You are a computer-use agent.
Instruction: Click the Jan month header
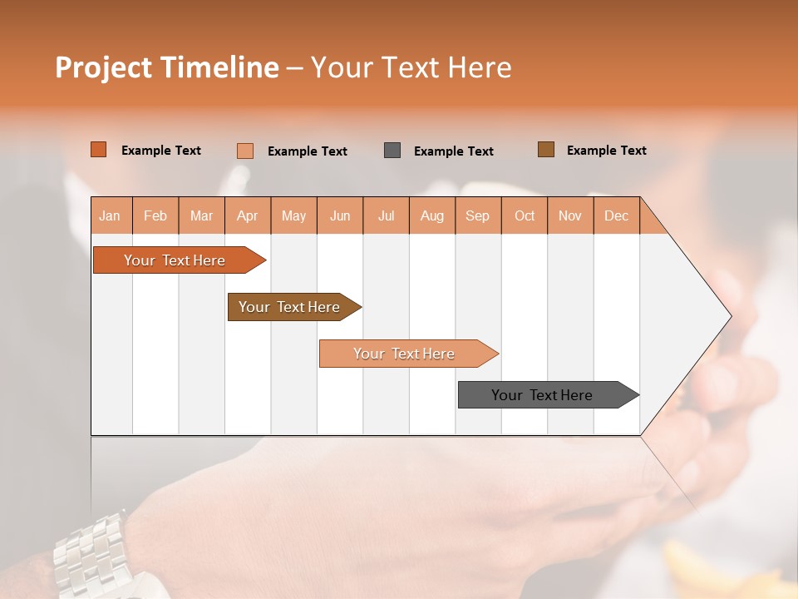(x=111, y=215)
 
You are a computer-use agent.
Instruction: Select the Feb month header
(x=155, y=215)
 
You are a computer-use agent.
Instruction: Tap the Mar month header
(x=201, y=215)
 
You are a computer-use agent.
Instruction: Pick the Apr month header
(x=248, y=215)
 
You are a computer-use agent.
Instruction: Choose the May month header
(x=293, y=215)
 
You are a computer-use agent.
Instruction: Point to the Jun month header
(x=340, y=215)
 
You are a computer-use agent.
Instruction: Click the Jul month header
(x=386, y=215)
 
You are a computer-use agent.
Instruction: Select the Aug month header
(x=432, y=215)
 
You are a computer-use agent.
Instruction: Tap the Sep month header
(x=478, y=215)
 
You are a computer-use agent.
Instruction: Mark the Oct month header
(x=525, y=215)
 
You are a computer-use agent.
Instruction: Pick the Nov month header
(x=570, y=215)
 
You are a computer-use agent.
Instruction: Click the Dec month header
(x=617, y=215)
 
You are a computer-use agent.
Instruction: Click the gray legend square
(x=392, y=150)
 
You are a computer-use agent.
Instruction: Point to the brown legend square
(x=545, y=150)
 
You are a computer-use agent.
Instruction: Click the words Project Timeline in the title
(x=167, y=67)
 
